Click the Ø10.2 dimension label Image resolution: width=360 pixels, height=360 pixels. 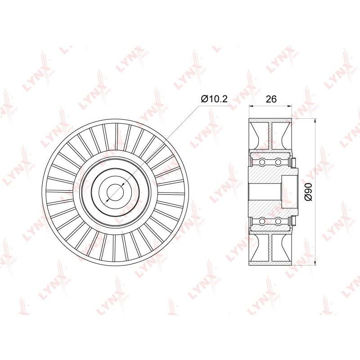214,99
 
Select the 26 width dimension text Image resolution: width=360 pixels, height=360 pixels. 271,99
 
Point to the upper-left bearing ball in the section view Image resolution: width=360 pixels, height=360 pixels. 262,162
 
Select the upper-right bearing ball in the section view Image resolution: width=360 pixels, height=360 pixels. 278,162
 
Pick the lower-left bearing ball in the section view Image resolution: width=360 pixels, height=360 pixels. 262,221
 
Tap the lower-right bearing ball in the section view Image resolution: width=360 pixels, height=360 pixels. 278,221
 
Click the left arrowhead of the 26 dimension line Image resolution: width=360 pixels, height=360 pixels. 251,106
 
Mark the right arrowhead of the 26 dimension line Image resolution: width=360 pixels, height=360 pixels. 290,106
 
